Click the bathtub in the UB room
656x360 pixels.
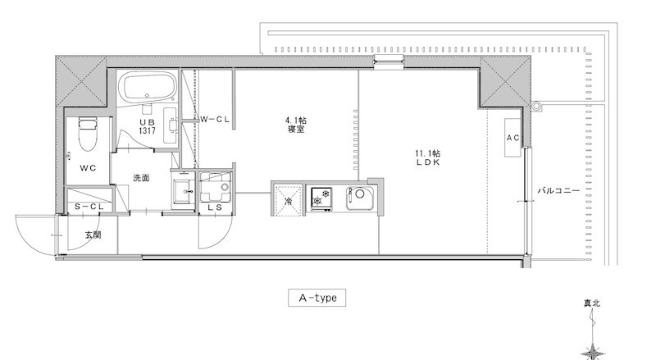tap(148, 86)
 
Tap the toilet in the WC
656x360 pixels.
tap(88, 134)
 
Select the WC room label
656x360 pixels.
tap(88, 168)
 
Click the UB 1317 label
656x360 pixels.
tap(148, 126)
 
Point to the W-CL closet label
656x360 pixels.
tap(215, 119)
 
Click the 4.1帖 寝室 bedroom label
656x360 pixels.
tap(296, 125)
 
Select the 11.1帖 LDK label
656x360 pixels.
tap(428, 157)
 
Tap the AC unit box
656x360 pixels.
tap(512, 138)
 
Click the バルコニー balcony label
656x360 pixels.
tap(558, 191)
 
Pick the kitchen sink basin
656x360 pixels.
tap(360, 198)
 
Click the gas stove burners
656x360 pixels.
tap(321, 198)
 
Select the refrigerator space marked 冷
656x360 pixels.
tap(288, 201)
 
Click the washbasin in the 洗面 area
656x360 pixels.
tap(184, 191)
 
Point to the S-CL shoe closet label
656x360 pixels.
tap(89, 207)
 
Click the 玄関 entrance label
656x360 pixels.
tap(93, 235)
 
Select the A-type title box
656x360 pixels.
tap(317, 298)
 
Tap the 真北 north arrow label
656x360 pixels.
tap(592, 303)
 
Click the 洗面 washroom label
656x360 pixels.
tap(141, 178)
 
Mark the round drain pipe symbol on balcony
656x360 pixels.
tap(536, 106)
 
